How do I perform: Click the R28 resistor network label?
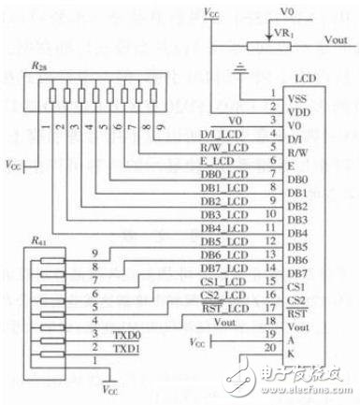[x=36, y=68]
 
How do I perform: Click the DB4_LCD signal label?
[x=221, y=227]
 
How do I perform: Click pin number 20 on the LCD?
[x=271, y=347]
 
